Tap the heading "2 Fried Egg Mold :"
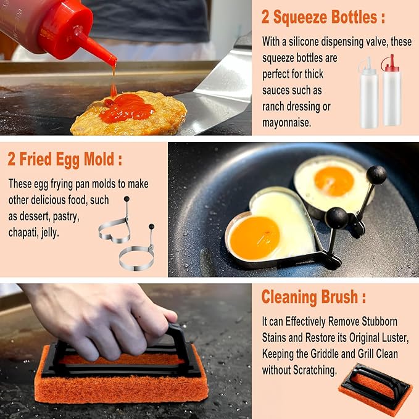[x=65, y=160]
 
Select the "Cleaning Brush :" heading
[x=313, y=297]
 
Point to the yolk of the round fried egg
[x=333, y=181]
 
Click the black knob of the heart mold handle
[x=336, y=217]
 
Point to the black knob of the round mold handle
[x=376, y=175]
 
